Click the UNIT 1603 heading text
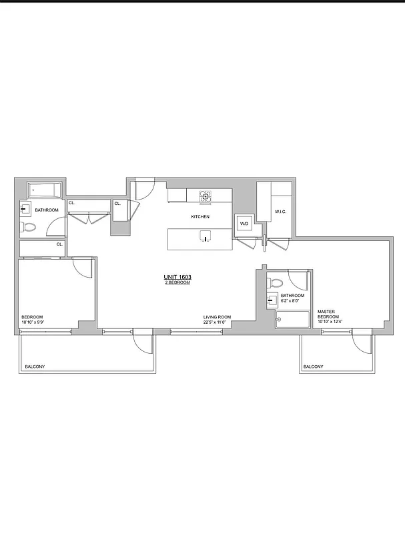[x=177, y=277]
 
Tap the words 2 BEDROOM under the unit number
[x=177, y=283]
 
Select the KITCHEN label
[x=200, y=217]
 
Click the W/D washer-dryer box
[x=244, y=224]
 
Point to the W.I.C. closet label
[x=280, y=212]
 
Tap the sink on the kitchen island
[x=205, y=235]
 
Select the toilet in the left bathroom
[x=29, y=228]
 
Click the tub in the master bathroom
[x=292, y=320]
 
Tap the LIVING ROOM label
[x=217, y=317]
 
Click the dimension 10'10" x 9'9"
[x=33, y=323]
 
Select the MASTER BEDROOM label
[x=326, y=314]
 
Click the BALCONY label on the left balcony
[x=35, y=367]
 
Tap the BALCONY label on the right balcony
[x=313, y=367]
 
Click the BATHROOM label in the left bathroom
[x=47, y=210]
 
